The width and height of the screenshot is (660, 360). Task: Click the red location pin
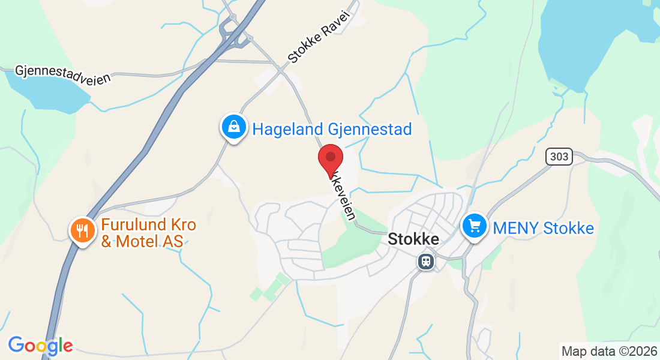coord(330,158)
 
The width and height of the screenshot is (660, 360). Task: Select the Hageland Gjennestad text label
coord(332,129)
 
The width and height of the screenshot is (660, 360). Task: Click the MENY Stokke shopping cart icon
coord(475,226)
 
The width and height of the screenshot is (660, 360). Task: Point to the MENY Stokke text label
coord(543,228)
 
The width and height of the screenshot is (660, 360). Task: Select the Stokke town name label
coord(413,239)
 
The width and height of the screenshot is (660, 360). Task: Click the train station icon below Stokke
coord(426,261)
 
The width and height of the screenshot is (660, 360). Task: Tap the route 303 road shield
coord(559,157)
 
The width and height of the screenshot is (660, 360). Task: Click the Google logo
coord(40,346)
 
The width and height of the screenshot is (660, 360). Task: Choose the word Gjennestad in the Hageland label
coord(370,129)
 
